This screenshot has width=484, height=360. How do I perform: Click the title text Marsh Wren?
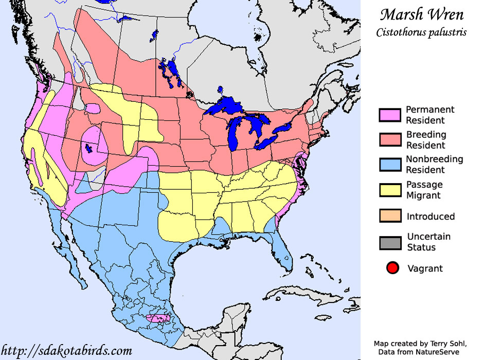[x=421, y=14]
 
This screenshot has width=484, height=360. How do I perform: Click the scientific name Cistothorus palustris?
[x=421, y=32]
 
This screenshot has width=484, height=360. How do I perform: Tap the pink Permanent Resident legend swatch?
[x=390, y=115]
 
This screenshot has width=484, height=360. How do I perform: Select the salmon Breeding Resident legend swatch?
[x=390, y=140]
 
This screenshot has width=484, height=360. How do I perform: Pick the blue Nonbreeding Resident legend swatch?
[x=390, y=165]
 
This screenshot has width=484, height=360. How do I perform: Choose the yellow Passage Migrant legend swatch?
[x=390, y=190]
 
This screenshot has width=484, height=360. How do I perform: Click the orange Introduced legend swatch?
[x=390, y=216]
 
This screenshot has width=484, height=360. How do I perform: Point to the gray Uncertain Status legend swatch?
[x=390, y=242]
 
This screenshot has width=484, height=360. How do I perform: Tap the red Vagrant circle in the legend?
[x=392, y=268]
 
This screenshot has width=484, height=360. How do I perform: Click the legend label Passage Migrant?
[x=424, y=190]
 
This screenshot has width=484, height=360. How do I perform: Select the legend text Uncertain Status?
[x=428, y=242]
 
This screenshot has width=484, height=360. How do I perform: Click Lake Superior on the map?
[x=226, y=107]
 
